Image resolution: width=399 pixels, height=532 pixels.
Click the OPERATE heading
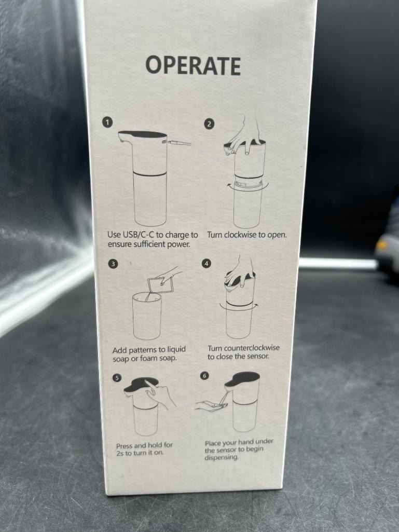pos(193,65)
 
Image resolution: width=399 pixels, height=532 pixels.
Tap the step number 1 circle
pos(107,122)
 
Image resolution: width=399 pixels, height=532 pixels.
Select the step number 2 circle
pos(209,124)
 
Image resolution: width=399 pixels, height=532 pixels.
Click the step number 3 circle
pos(113,264)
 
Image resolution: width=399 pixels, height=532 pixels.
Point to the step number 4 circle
pos(207,263)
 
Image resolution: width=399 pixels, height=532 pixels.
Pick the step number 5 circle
pos(117,378)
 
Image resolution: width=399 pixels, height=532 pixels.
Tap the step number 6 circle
pos(204,376)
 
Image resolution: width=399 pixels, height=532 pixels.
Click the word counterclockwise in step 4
pos(252,348)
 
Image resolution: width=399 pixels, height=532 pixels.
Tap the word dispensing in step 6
pos(221,457)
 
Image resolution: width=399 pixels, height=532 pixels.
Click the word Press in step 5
pos(124,446)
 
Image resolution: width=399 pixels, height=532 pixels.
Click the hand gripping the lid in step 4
pos(240,271)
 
